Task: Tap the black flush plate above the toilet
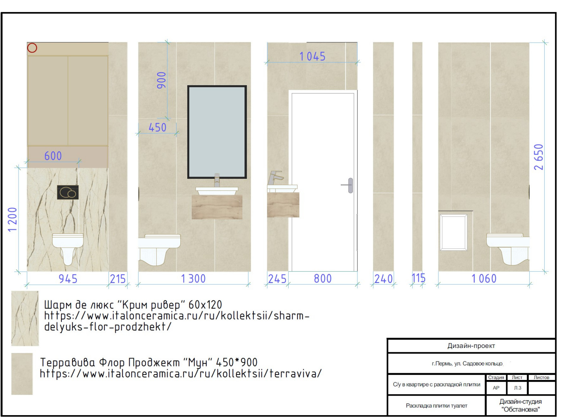point(68,193)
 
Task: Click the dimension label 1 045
point(312,57)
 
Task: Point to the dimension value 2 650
point(539,157)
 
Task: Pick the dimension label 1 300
point(193,279)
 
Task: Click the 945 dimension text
point(68,279)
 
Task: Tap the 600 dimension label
point(53,156)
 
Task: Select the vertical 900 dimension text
point(162,80)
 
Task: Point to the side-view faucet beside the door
point(276,178)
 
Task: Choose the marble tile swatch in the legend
point(25,318)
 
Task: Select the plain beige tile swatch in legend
point(22,374)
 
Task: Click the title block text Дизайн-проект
point(471,345)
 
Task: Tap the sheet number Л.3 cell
point(518,388)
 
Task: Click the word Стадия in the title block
point(496,377)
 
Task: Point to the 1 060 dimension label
point(484,279)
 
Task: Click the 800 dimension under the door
point(323,279)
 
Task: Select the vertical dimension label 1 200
point(12,220)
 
